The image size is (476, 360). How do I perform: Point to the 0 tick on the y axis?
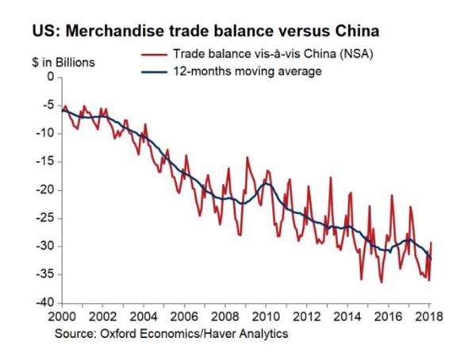pos(52,78)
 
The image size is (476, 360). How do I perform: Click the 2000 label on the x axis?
pos(63,316)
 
